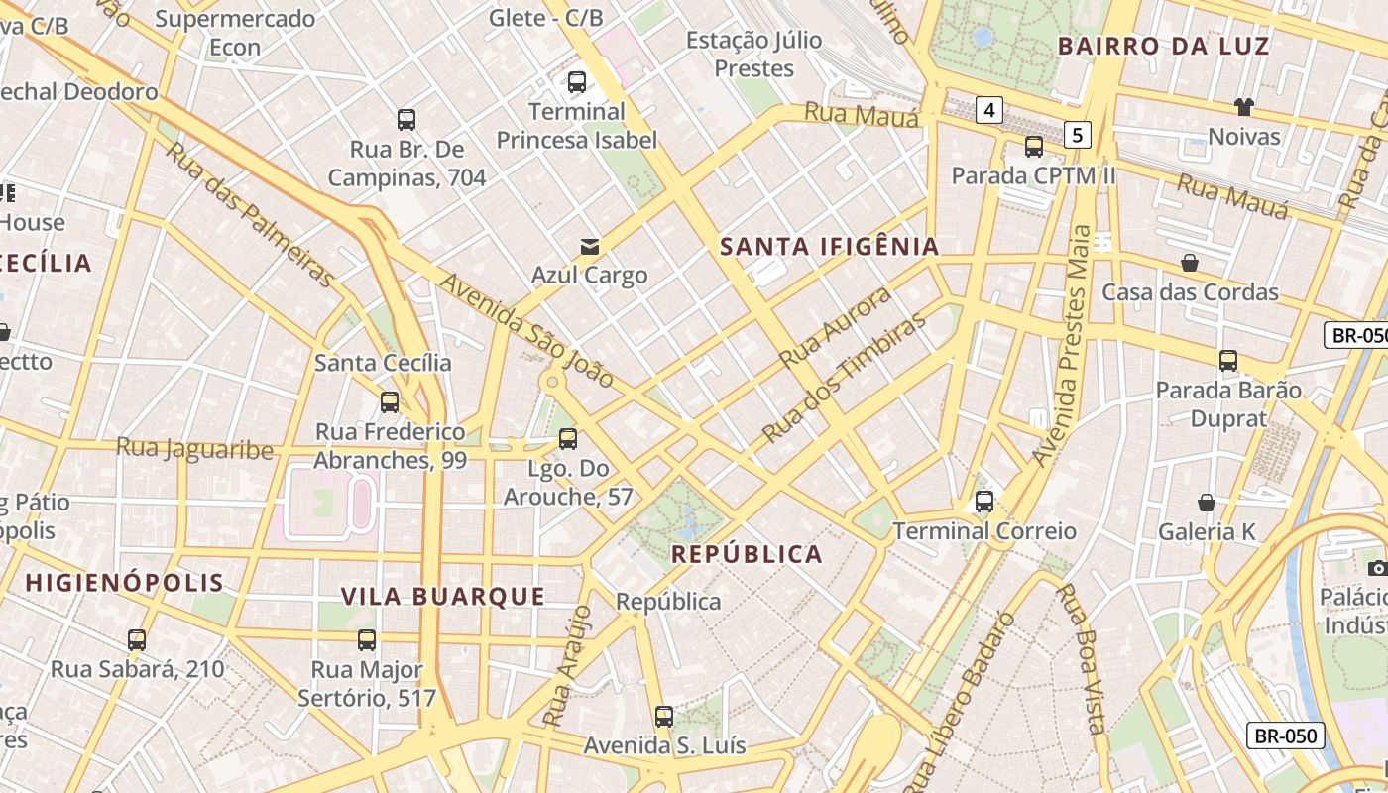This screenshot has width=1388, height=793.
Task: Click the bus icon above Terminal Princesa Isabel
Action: point(576,82)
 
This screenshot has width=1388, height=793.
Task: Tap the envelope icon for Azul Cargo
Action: point(590,246)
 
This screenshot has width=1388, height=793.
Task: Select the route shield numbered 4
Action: point(988,109)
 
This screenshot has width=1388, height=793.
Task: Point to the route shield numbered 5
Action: point(1078,134)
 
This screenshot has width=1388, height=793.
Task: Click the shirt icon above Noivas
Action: point(1243,107)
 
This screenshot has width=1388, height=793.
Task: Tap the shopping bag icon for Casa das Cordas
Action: point(1189,263)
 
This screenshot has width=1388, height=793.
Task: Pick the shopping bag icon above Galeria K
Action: point(1207,503)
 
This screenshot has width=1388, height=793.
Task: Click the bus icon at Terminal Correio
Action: point(983,502)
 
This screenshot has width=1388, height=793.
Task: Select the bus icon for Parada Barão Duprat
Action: point(1228,361)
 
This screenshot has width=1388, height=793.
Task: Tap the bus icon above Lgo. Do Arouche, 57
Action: point(568,438)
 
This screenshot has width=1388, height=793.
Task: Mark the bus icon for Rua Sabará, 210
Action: point(137,640)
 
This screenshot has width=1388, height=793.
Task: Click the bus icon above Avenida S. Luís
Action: point(664,716)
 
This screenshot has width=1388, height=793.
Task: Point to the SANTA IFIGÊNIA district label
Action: point(829,247)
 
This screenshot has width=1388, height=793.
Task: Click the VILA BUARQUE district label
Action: point(443,596)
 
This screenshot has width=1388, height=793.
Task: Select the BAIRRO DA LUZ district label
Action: point(1163,46)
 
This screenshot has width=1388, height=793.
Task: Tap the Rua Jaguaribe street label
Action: point(194,448)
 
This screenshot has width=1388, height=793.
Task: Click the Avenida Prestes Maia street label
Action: point(1063,346)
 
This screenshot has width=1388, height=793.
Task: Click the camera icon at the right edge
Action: point(1377,568)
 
